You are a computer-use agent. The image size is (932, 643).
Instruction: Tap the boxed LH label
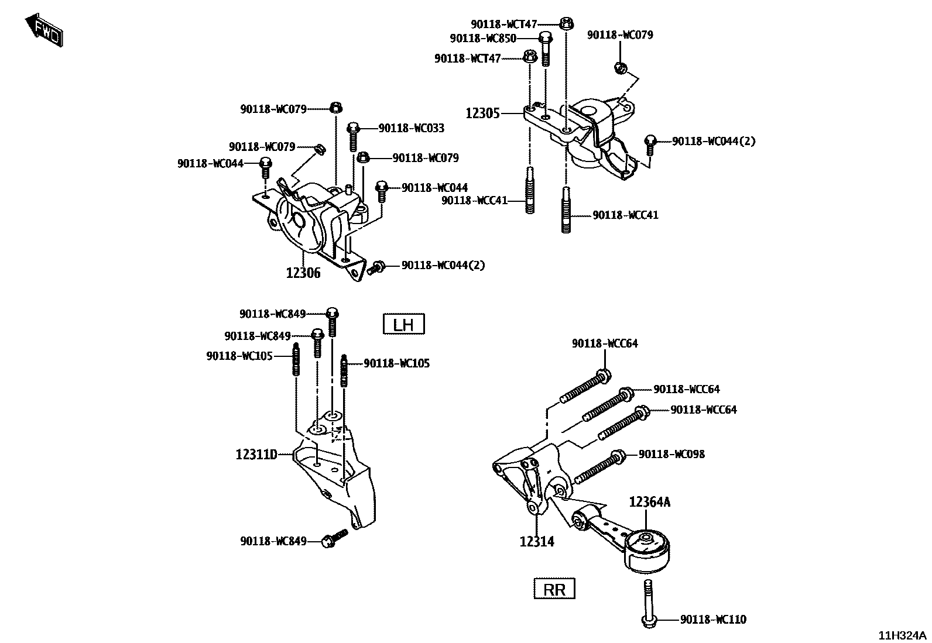403,324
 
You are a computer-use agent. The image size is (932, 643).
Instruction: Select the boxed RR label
554,589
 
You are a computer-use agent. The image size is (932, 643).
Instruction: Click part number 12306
303,273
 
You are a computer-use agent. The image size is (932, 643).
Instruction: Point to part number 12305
483,113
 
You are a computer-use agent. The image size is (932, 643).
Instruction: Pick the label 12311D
256,454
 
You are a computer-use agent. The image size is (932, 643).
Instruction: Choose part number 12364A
650,502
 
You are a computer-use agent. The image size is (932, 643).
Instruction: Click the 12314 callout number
537,542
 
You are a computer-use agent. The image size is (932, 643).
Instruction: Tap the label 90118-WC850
483,39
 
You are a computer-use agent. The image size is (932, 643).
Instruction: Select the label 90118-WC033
412,128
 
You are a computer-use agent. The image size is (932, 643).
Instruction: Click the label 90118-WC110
714,620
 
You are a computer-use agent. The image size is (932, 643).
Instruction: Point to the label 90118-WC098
672,454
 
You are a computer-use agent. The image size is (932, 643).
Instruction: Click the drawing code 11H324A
902,635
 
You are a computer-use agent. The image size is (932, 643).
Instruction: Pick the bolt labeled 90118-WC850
544,47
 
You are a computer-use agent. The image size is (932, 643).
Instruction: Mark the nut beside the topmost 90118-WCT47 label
566,24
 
